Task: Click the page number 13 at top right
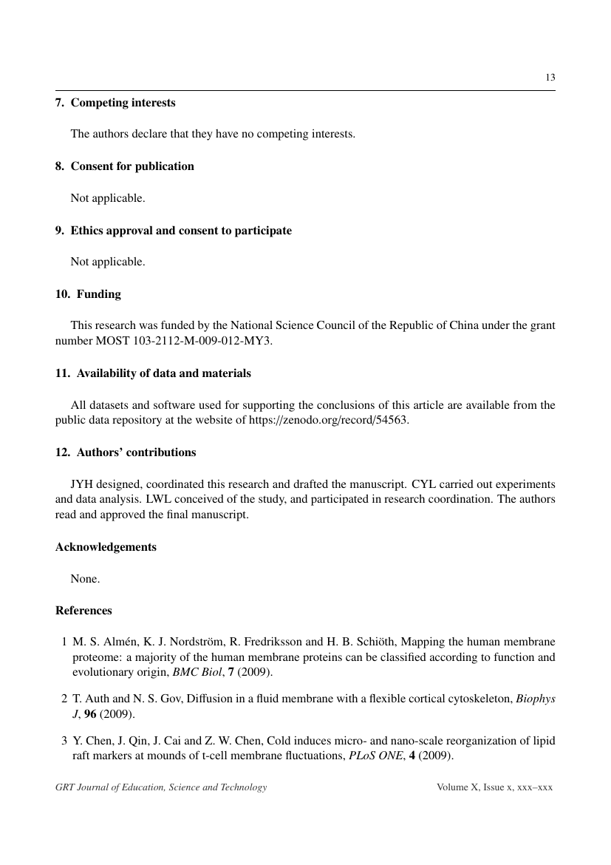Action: (x=550, y=78)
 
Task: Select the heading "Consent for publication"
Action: (x=132, y=166)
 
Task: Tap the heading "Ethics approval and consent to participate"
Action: (x=181, y=231)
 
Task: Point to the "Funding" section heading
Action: (x=98, y=294)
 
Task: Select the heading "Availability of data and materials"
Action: (x=163, y=373)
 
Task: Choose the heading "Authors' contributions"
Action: (x=136, y=452)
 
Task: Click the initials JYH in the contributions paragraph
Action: (x=82, y=484)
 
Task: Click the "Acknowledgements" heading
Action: (x=106, y=547)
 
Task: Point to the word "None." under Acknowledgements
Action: (x=85, y=579)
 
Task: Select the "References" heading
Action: (x=83, y=611)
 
